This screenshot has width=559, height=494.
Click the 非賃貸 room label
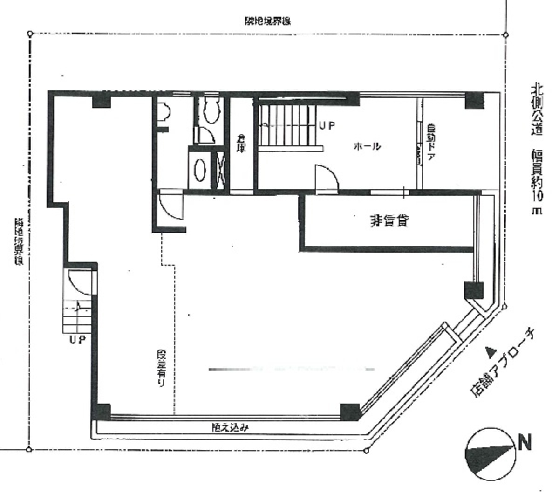coord(390,220)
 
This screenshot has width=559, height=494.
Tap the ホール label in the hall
coord(367,146)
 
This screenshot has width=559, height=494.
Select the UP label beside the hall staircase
coord(326,125)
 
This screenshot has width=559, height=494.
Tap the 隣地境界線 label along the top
coord(267,21)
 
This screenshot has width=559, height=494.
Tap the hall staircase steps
coord(285,125)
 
